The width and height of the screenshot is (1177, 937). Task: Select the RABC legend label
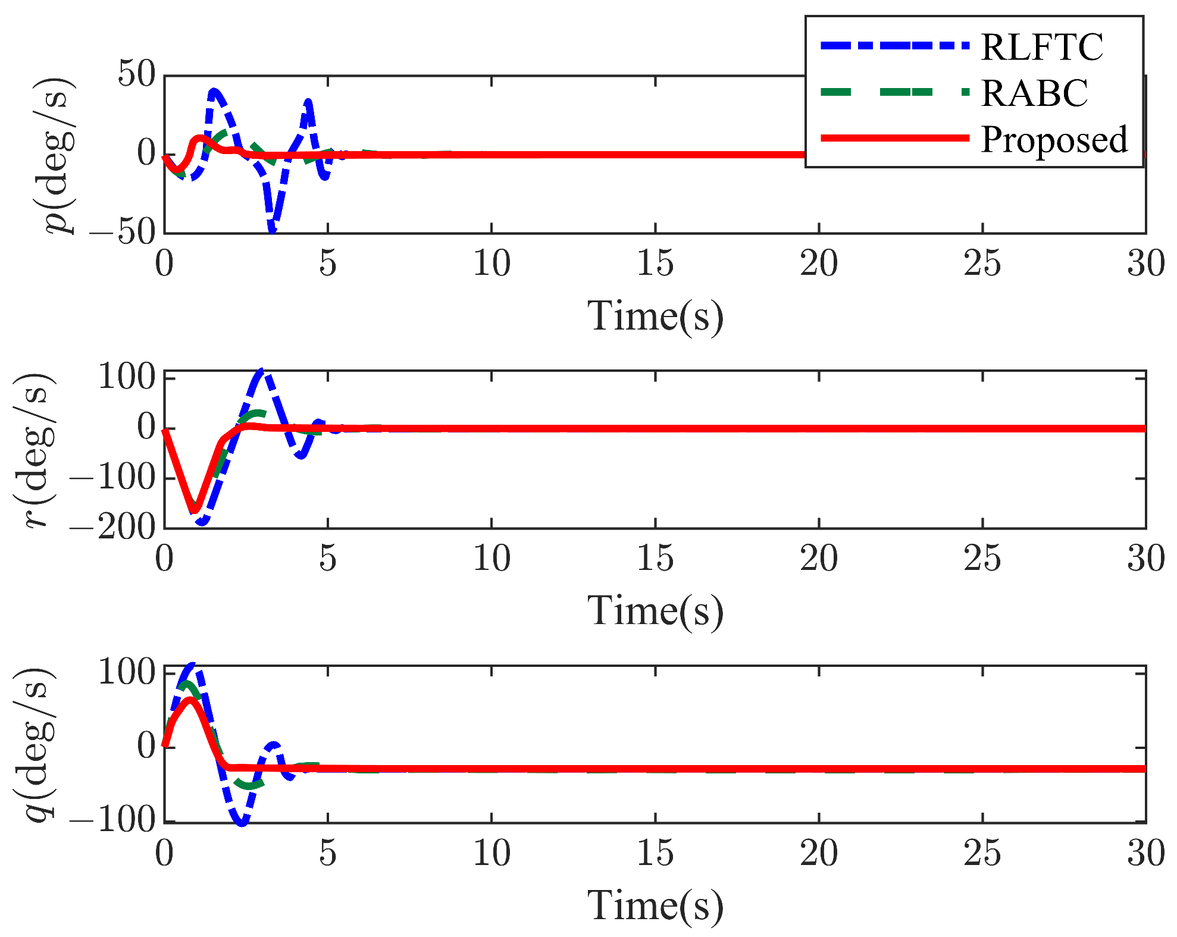point(1034,93)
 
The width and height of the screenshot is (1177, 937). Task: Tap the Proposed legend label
point(1054,139)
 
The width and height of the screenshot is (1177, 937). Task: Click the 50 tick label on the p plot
point(136,75)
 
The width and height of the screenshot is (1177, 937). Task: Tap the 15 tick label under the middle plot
point(655,558)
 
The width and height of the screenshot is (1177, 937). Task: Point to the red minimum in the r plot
point(195,510)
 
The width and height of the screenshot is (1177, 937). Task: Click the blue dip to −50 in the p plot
point(272,230)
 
